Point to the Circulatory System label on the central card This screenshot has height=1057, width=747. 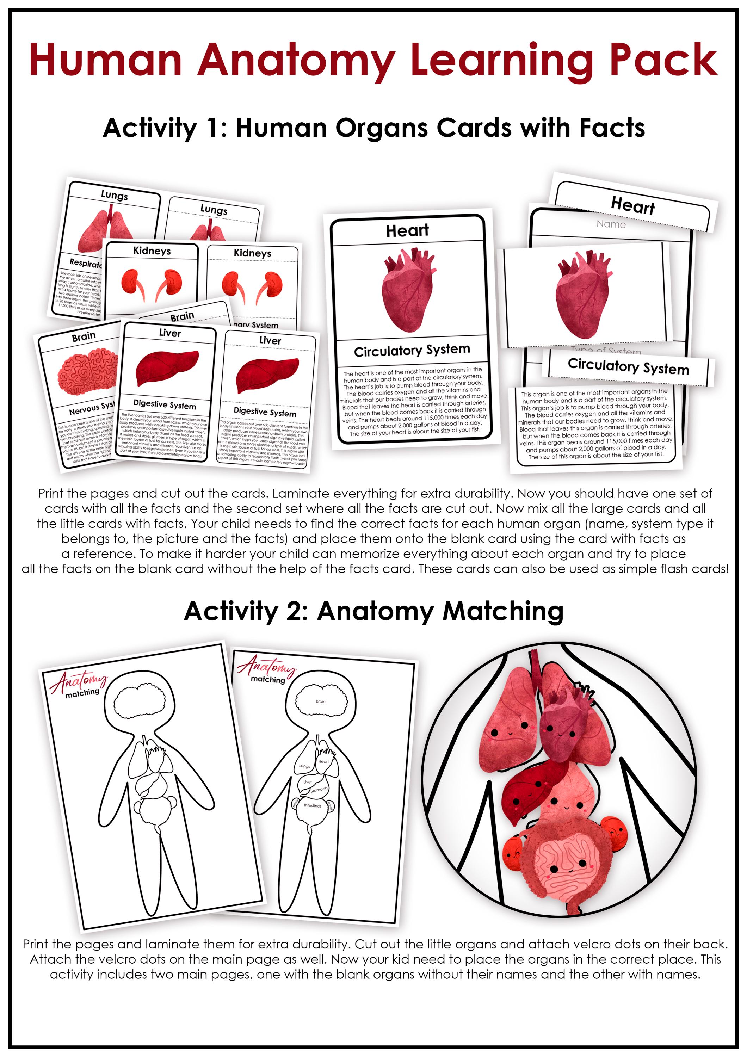coord(412,351)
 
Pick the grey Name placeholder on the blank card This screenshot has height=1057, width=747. coord(611,224)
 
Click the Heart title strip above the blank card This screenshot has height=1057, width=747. coord(632,205)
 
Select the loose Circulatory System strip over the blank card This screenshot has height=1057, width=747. coord(628,366)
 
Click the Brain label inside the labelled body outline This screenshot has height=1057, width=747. coord(320,701)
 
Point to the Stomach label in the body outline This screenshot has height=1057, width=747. coord(319,790)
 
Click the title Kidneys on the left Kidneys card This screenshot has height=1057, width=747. coord(152,251)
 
